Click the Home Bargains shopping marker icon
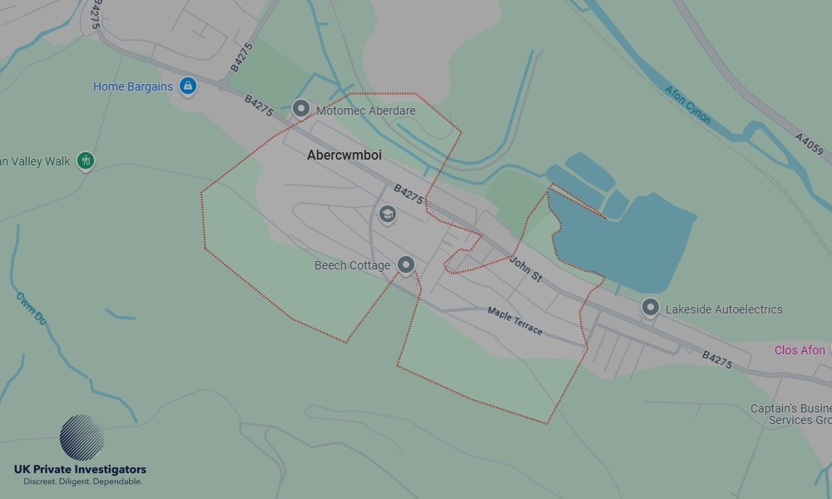(x=188, y=86)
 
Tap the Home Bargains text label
(x=133, y=86)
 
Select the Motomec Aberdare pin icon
(x=301, y=109)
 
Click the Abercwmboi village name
(x=344, y=156)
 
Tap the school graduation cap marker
(x=387, y=215)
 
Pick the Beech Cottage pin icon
(x=406, y=264)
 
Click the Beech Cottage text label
(x=352, y=266)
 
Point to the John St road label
(x=526, y=269)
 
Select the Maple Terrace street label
(x=515, y=321)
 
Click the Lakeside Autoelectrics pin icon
(x=651, y=308)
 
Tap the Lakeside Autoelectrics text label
(x=724, y=309)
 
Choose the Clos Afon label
(x=800, y=350)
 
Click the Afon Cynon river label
(x=688, y=104)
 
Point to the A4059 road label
(x=809, y=144)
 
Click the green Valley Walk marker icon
(x=85, y=161)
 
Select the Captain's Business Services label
(x=790, y=414)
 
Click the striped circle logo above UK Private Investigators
(x=82, y=437)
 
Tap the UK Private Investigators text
(x=80, y=470)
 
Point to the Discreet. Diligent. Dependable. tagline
(x=83, y=482)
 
